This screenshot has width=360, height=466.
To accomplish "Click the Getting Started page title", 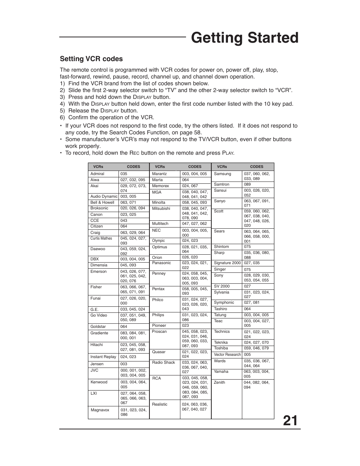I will pyautogui.click(x=245, y=38).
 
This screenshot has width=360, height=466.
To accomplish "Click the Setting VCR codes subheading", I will pyautogui.click(x=91, y=59).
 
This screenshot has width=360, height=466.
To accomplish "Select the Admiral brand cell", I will pyautogui.click(x=97, y=174).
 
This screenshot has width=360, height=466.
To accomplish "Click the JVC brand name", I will pyautogui.click(x=94, y=371).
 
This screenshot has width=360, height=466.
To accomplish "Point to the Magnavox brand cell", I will pyautogui.click(x=100, y=410).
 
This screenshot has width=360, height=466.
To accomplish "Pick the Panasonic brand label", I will pyautogui.click(x=162, y=263).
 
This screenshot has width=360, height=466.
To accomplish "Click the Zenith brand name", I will pyautogui.click(x=219, y=383).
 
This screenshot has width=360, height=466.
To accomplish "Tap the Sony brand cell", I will pyautogui.click(x=218, y=275).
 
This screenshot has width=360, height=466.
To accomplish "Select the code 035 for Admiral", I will pyautogui.click(x=124, y=174).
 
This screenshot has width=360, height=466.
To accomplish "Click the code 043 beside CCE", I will pyautogui.click(x=124, y=221).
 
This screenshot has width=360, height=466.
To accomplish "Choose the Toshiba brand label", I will pyautogui.click(x=221, y=348).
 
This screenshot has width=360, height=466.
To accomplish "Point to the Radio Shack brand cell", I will pyautogui.click(x=163, y=363).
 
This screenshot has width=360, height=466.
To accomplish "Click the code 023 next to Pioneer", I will pyautogui.click(x=185, y=326).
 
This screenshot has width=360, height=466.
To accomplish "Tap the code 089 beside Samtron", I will pyautogui.click(x=247, y=185).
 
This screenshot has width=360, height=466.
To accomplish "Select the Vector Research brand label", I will pyautogui.click(x=227, y=355).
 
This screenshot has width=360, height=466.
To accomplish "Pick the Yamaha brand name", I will pyautogui.click(x=221, y=372).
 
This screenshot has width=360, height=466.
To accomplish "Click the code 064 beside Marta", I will pyautogui.click(x=185, y=180).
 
